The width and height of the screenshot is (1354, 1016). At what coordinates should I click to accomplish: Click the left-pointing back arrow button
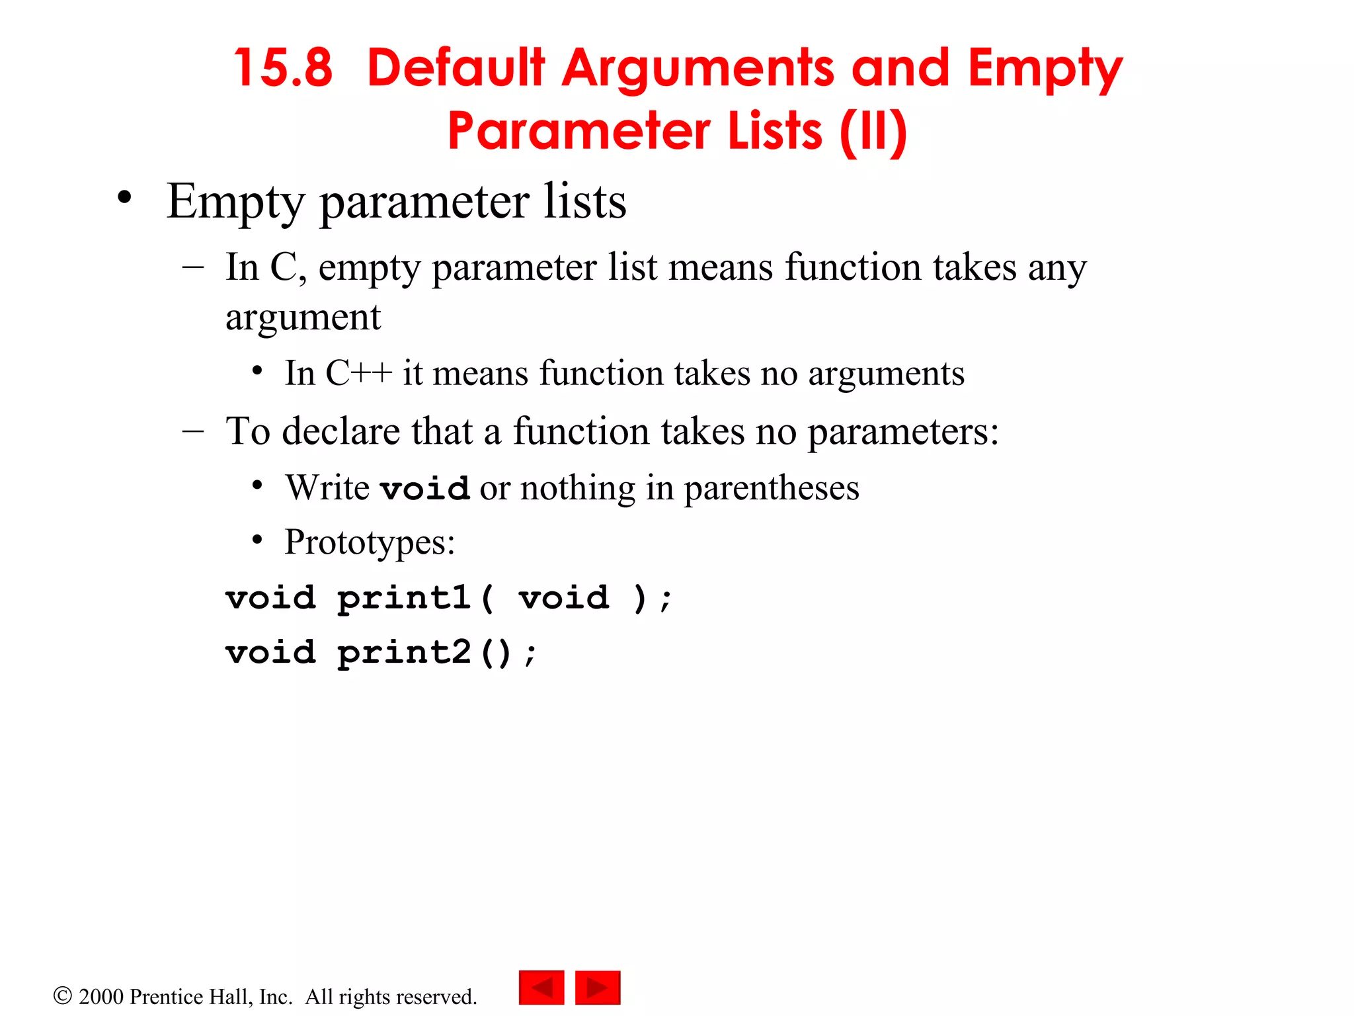point(541,988)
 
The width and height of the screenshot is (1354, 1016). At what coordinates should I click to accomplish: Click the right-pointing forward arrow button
point(598,988)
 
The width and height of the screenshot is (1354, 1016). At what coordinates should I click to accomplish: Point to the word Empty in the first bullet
point(235,202)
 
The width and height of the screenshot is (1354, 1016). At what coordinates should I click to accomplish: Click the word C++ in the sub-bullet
point(358,373)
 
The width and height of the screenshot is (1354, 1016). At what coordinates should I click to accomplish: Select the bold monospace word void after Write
point(425,488)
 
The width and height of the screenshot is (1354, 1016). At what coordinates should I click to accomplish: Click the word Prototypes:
point(370,542)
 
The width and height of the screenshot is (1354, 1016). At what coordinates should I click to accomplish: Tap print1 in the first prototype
point(404,598)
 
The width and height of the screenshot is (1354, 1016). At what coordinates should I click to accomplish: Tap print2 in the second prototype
point(404,653)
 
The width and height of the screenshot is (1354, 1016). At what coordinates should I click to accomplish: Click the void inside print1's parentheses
point(563,598)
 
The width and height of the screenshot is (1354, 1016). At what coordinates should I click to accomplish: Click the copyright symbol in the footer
point(62,995)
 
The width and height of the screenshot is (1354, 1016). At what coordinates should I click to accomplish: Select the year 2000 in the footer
point(101,997)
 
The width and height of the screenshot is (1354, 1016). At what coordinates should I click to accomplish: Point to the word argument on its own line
point(303,317)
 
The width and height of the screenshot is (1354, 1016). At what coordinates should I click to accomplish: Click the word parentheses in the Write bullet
point(771,489)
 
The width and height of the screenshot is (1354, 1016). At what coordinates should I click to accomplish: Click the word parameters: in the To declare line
point(903,433)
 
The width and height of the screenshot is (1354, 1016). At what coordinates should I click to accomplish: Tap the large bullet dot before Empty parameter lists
point(124,197)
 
